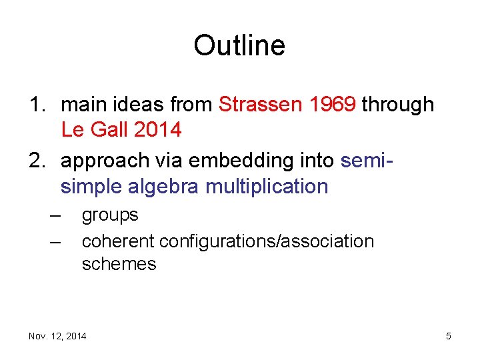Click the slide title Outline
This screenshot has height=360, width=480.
pyautogui.click(x=239, y=45)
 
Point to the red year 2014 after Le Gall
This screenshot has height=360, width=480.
pyautogui.click(x=157, y=129)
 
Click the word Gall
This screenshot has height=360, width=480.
pyautogui.click(x=107, y=129)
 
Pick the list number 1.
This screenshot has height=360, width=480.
pyautogui.click(x=35, y=105)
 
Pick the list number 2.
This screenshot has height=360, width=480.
pyautogui.click(x=35, y=161)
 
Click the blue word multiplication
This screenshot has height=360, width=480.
pyautogui.click(x=267, y=187)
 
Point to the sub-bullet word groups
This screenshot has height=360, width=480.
pyautogui.click(x=110, y=215)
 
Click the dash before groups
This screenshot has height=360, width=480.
pyautogui.click(x=55, y=215)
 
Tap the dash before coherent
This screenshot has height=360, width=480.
pyautogui.click(x=55, y=240)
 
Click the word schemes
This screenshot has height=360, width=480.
pyautogui.click(x=119, y=264)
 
